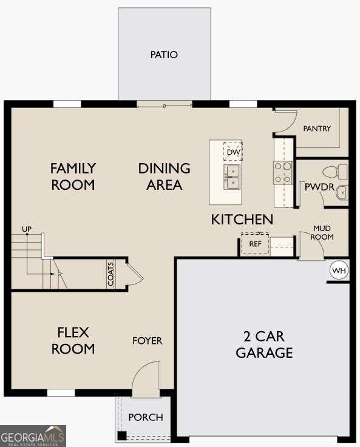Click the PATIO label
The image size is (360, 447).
pyautogui.click(x=164, y=55)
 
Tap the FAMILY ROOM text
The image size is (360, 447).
pyautogui.click(x=73, y=176)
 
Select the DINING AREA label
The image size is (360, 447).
pyautogui.click(x=164, y=176)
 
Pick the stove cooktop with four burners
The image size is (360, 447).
pyautogui.click(x=283, y=172)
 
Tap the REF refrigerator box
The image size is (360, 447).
pyautogui.click(x=255, y=244)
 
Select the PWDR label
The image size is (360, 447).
pyautogui.click(x=319, y=187)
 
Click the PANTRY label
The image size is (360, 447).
pyautogui.click(x=317, y=129)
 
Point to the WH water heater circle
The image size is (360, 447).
pyautogui.click(x=338, y=271)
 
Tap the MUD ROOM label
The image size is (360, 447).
pyautogui.click(x=322, y=232)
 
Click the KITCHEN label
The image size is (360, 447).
pyautogui.click(x=242, y=220)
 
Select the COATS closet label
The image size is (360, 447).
pyautogui.click(x=111, y=274)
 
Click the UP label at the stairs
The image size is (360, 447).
pyautogui.click(x=26, y=229)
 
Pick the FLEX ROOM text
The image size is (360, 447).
pyautogui.click(x=73, y=340)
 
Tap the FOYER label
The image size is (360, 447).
pyautogui.click(x=148, y=341)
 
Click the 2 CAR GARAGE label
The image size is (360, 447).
pyautogui.click(x=264, y=344)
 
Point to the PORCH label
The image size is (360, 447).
pyautogui.click(x=146, y=417)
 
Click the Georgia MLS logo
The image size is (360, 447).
pyautogui.click(x=33, y=436)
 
